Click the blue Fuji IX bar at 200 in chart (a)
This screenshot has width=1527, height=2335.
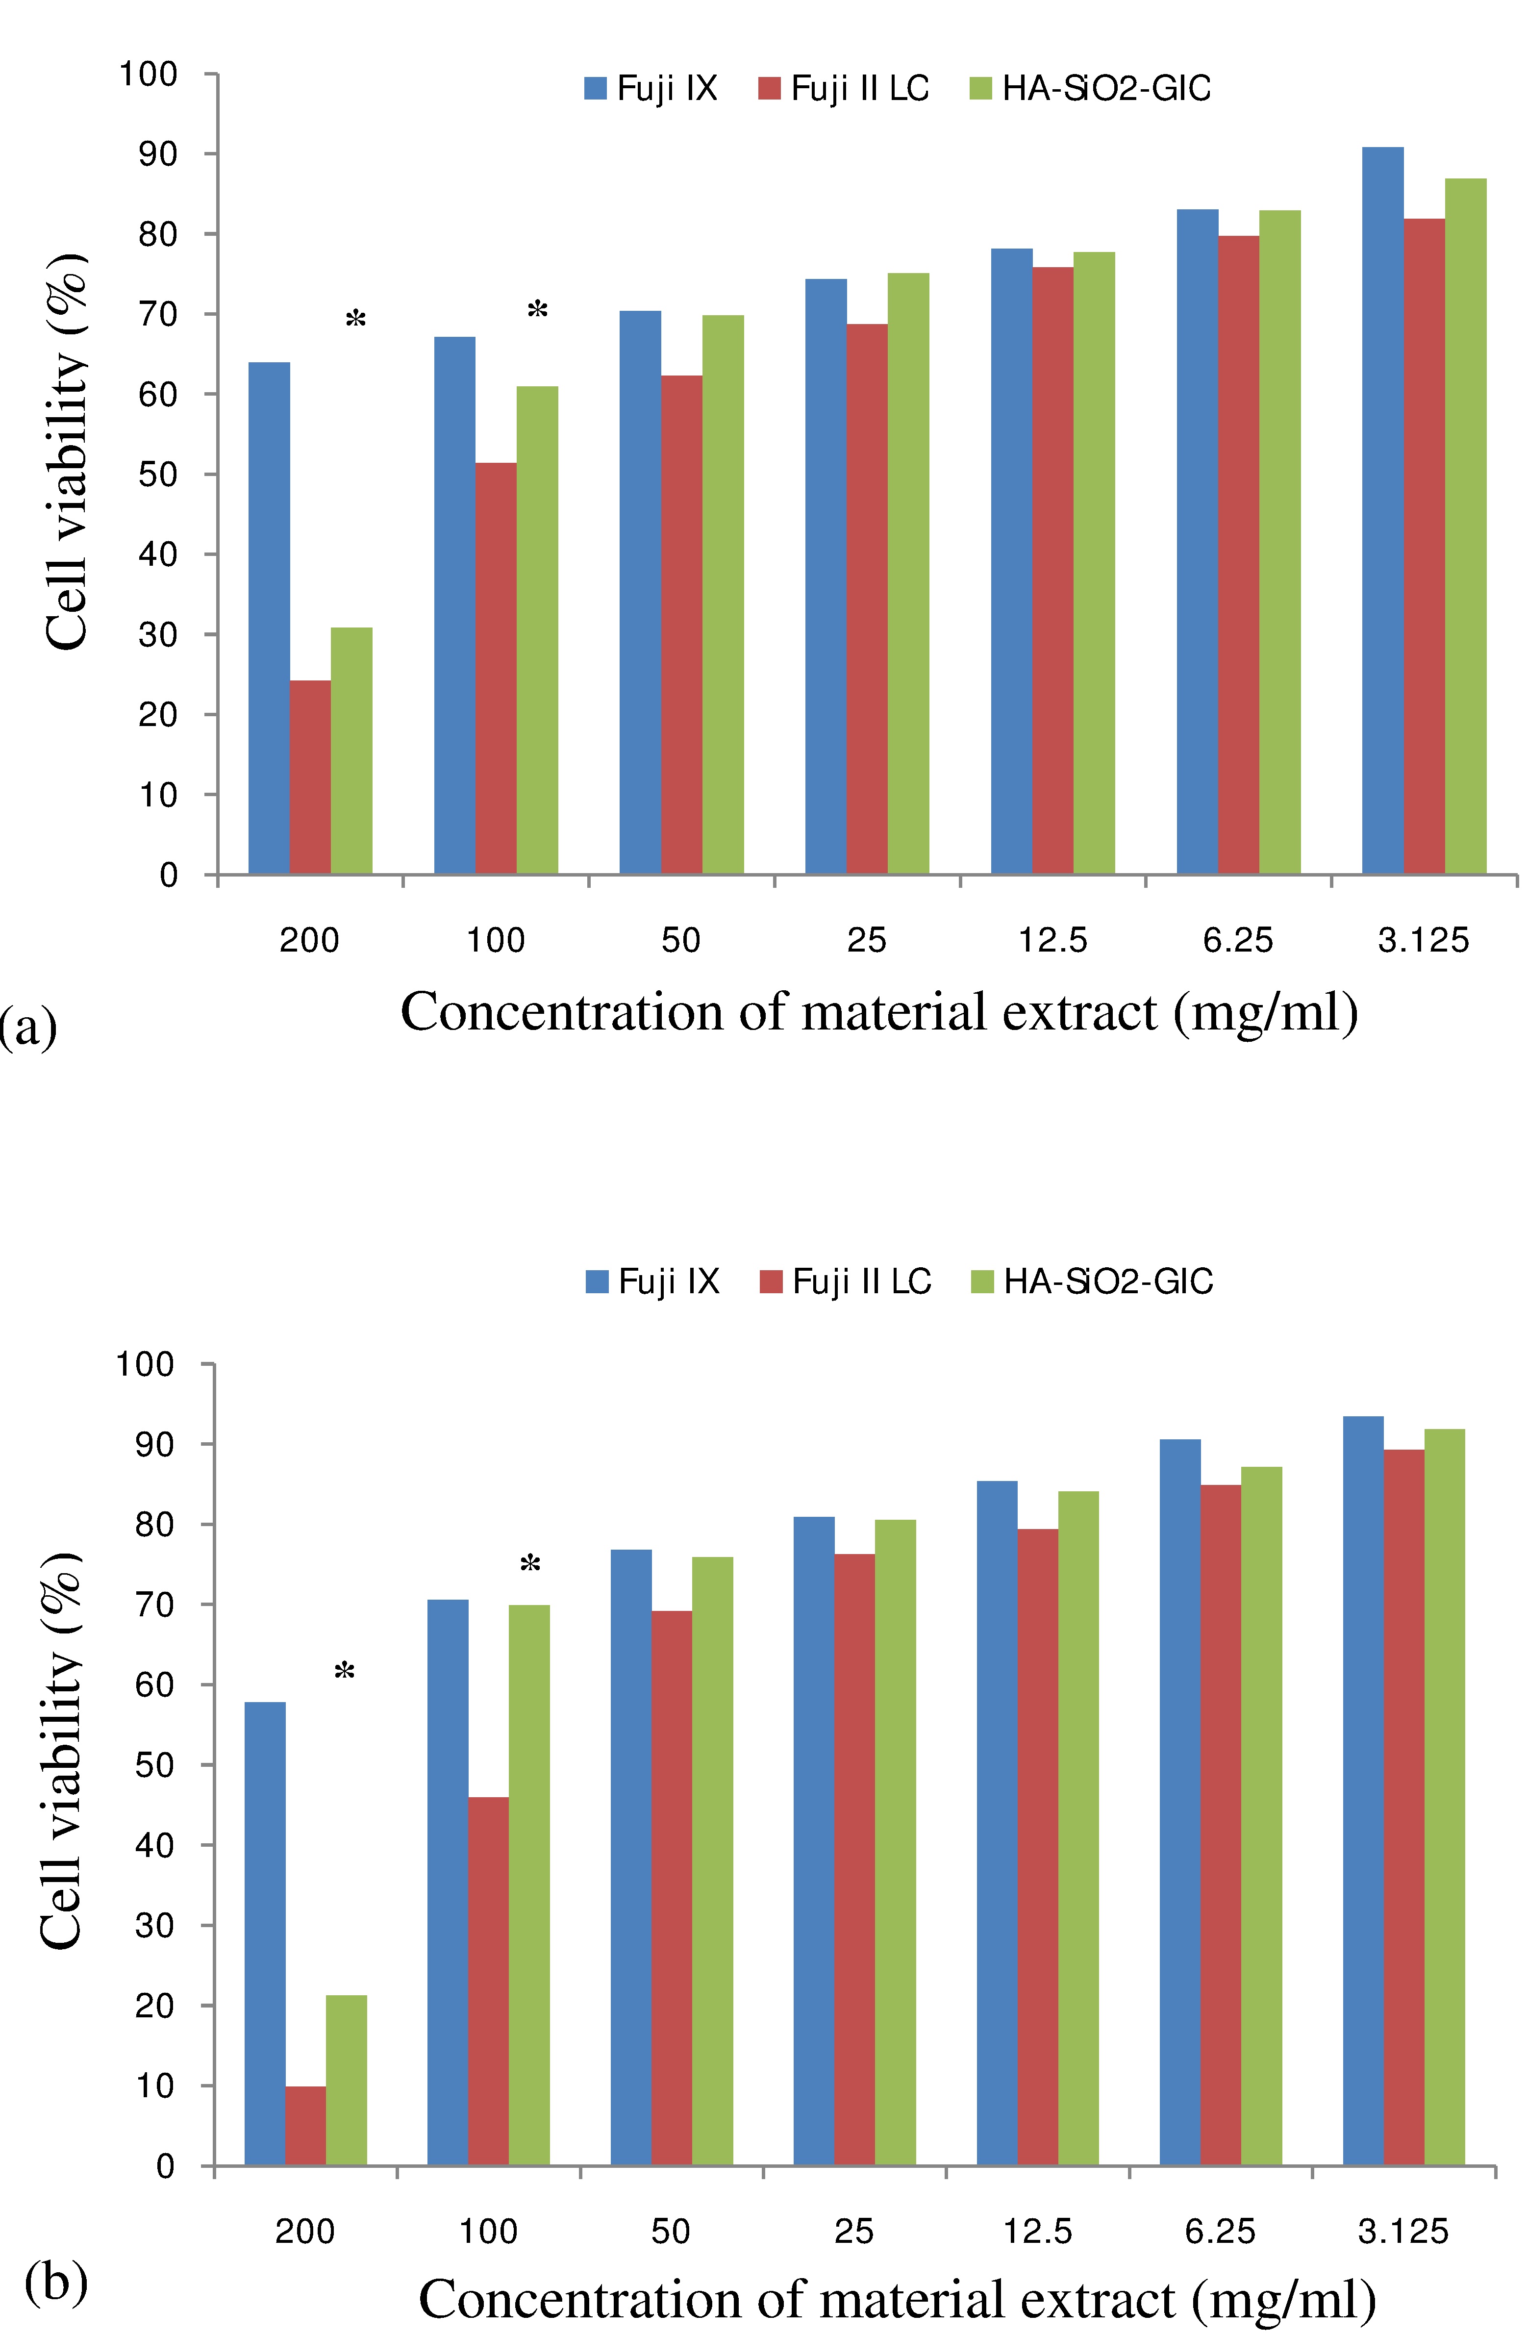[x=269, y=618]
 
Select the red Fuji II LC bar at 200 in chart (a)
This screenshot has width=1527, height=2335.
[x=310, y=777]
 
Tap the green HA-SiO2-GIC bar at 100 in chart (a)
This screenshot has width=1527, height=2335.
[x=537, y=630]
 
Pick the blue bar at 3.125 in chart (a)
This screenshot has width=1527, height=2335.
[x=1383, y=510]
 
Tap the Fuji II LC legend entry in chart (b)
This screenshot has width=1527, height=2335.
[x=846, y=1281]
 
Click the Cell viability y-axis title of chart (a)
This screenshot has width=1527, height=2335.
[x=67, y=452]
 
